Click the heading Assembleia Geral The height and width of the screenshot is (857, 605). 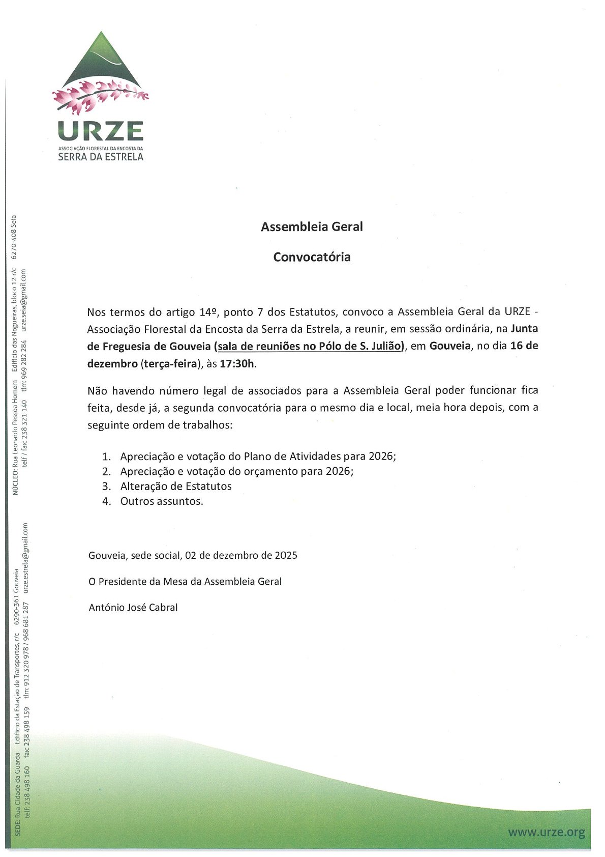pyautogui.click(x=312, y=227)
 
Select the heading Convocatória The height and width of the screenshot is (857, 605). pyautogui.click(x=312, y=257)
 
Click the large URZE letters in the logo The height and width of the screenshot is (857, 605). pyautogui.click(x=101, y=131)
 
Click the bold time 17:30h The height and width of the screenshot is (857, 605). pyautogui.click(x=238, y=364)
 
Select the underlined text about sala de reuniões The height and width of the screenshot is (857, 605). pyautogui.click(x=310, y=347)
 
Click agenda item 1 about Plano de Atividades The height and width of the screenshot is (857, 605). pyautogui.click(x=258, y=456)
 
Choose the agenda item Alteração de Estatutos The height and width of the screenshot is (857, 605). pyautogui.click(x=176, y=487)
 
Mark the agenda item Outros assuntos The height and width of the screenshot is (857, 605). pyautogui.click(x=162, y=501)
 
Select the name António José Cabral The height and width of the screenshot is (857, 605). pyautogui.click(x=133, y=607)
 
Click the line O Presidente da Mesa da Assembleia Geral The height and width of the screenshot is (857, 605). pyautogui.click(x=185, y=582)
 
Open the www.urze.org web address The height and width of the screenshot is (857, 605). pyautogui.click(x=547, y=833)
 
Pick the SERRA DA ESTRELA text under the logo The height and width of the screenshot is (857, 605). pyautogui.click(x=101, y=157)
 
